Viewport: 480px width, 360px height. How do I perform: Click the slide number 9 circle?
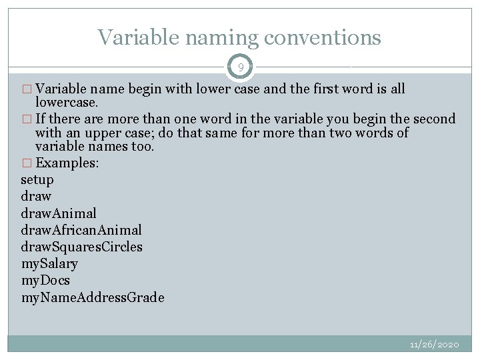click(241, 67)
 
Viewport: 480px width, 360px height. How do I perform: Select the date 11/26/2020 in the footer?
click(435, 345)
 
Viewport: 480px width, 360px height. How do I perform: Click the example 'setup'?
click(37, 180)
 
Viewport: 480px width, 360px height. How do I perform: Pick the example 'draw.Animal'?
click(59, 213)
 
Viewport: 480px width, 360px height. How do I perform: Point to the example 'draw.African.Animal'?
click(81, 230)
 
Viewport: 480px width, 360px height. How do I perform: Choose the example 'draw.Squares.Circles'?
click(81, 247)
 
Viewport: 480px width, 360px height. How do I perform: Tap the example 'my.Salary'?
click(49, 263)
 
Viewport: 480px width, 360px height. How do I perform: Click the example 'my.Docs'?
click(45, 280)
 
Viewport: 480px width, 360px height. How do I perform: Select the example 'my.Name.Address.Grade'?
click(92, 297)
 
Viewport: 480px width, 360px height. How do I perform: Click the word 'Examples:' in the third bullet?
click(67, 163)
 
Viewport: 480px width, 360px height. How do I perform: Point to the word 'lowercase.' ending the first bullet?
click(67, 104)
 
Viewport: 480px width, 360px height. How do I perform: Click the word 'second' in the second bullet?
click(434, 119)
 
